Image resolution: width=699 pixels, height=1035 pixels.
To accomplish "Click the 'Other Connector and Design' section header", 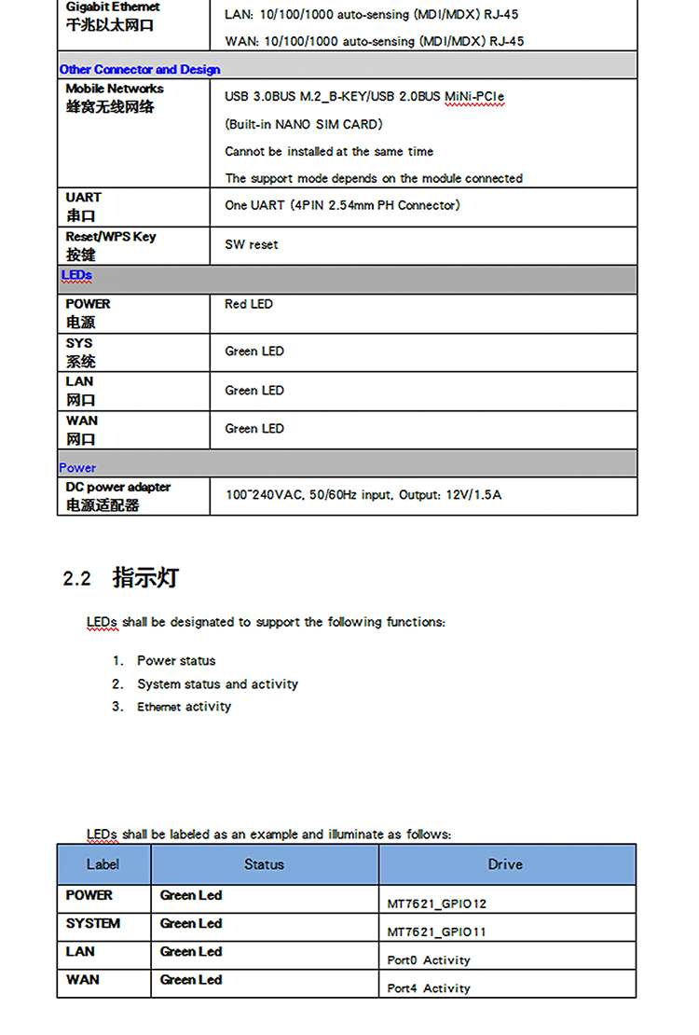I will point(140,69).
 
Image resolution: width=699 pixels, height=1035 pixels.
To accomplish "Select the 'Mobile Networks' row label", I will point(114,89).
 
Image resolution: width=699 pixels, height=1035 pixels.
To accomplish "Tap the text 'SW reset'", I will point(252,244).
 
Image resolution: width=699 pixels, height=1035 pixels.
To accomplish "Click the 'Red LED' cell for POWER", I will point(249,304).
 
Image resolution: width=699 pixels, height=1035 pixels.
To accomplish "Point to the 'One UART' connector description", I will point(342,205).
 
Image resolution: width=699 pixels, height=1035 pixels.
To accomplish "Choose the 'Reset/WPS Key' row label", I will point(110,237).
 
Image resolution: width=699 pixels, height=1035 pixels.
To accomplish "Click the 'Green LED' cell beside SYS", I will point(254,352).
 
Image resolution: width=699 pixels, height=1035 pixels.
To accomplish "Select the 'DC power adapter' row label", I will point(117,487).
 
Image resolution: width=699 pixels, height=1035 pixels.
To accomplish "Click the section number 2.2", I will point(76,579).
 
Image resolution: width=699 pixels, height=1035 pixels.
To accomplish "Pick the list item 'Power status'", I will point(176,660).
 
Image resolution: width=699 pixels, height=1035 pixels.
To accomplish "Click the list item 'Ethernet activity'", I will point(184,707).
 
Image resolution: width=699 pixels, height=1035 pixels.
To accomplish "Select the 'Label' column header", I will point(103,864).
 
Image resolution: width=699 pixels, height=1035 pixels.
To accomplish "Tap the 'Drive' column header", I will point(505,864).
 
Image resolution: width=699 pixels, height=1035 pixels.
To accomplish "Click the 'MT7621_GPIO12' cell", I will point(437,904).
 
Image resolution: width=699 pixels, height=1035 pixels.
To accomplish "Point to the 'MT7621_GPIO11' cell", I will point(437,931).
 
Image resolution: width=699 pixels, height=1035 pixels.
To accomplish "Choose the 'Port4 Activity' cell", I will point(429,987).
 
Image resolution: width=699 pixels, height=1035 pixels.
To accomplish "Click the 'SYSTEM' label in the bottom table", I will point(93,923).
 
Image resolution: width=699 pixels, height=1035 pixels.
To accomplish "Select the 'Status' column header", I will point(264,864).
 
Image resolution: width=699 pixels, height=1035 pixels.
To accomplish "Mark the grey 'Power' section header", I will point(77,467).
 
